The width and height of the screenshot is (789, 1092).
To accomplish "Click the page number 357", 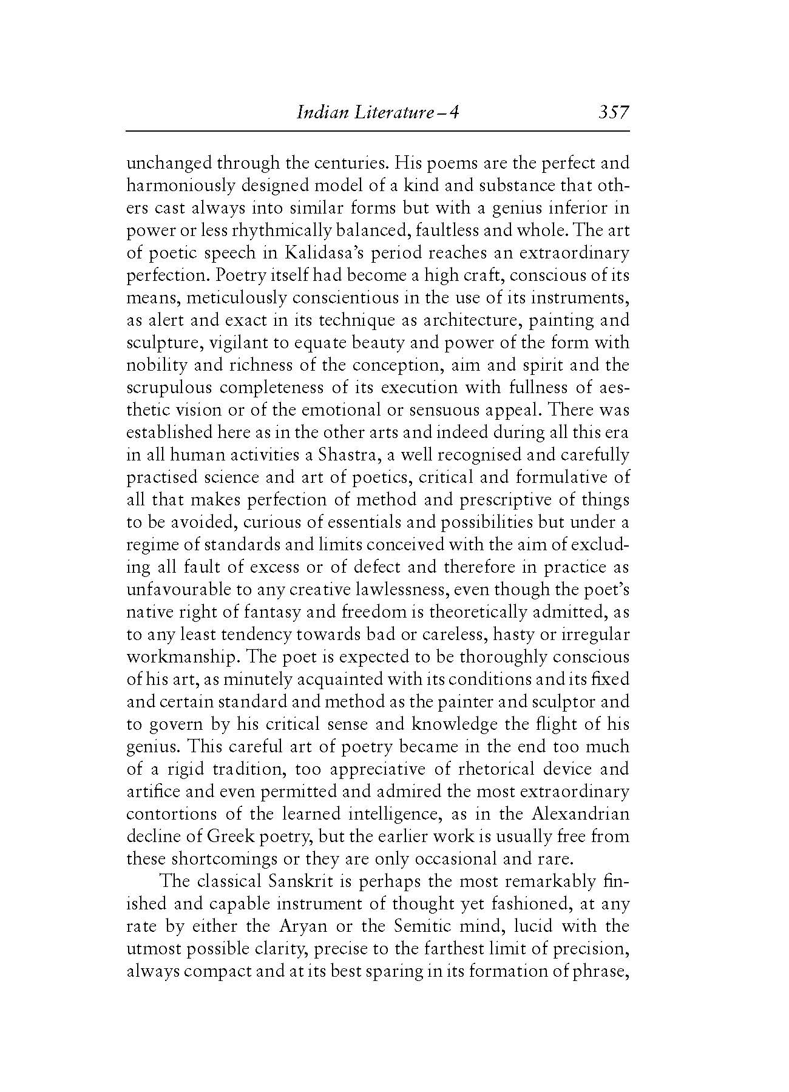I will (x=614, y=112).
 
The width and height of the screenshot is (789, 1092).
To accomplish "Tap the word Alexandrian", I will (x=581, y=814).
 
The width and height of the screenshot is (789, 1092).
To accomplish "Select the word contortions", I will (x=168, y=814).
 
